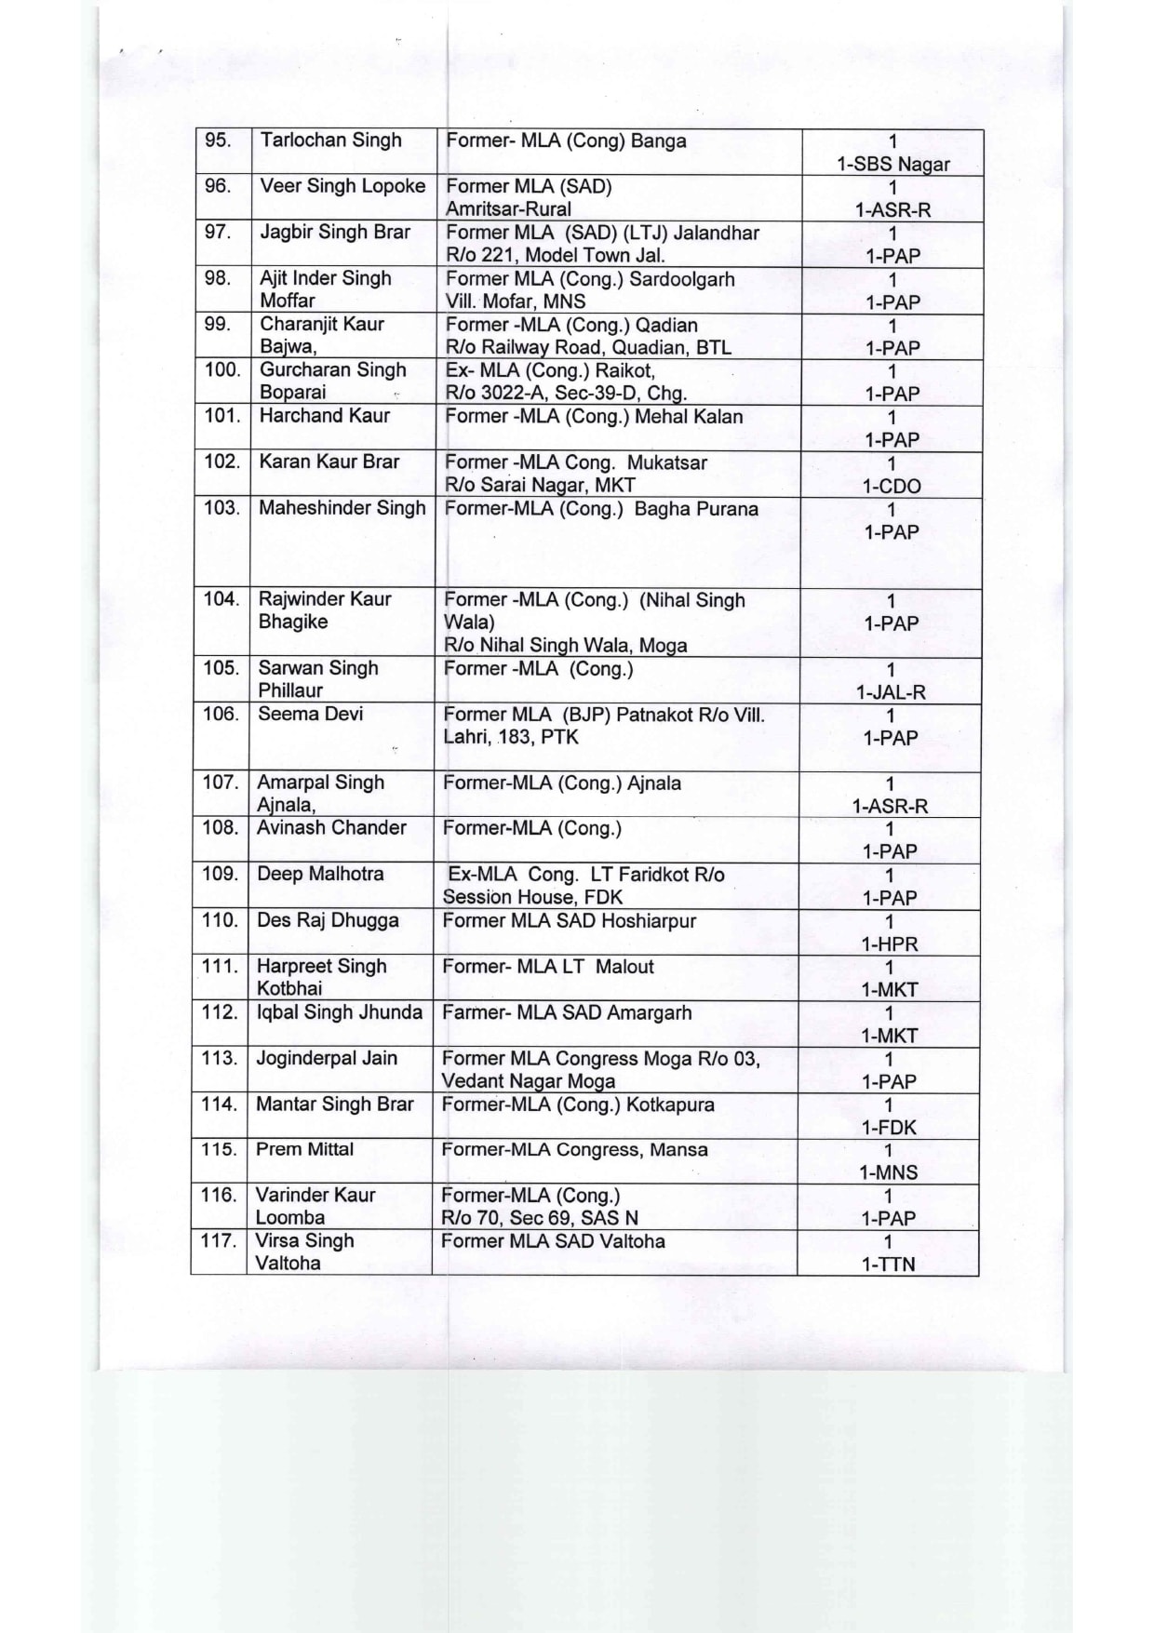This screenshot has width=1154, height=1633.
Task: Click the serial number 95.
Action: pyautogui.click(x=218, y=141)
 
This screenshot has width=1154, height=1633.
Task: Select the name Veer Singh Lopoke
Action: pyautogui.click(x=342, y=186)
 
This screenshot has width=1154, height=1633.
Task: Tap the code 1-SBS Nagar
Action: pyautogui.click(x=892, y=165)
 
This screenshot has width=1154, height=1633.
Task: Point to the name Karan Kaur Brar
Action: pyautogui.click(x=329, y=462)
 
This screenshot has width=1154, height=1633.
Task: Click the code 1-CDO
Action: pyautogui.click(x=892, y=486)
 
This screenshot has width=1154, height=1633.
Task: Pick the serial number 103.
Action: pyautogui.click(x=221, y=508)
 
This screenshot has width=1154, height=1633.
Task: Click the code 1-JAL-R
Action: pyautogui.click(x=891, y=692)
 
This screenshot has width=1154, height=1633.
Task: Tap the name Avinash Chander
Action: pyautogui.click(x=331, y=827)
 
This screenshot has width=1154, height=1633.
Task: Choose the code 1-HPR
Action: pyautogui.click(x=890, y=944)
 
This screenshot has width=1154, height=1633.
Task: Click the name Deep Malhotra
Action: pyautogui.click(x=320, y=874)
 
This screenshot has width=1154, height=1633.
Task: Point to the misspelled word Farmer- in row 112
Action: pyautogui.click(x=476, y=1012)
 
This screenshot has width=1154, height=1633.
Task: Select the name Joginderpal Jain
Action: pyautogui.click(x=327, y=1058)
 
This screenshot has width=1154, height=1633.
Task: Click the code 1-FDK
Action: pyautogui.click(x=889, y=1127)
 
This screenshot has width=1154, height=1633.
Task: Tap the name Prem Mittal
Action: pyautogui.click(x=304, y=1149)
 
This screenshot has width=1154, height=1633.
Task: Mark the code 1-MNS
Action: pyautogui.click(x=889, y=1172)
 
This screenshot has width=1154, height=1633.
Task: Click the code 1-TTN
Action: pyautogui.click(x=889, y=1265)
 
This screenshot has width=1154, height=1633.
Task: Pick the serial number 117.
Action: pyautogui.click(x=219, y=1240)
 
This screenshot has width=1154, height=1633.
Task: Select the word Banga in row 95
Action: pyautogui.click(x=658, y=141)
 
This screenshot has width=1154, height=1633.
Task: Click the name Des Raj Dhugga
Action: pyautogui.click(x=328, y=920)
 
